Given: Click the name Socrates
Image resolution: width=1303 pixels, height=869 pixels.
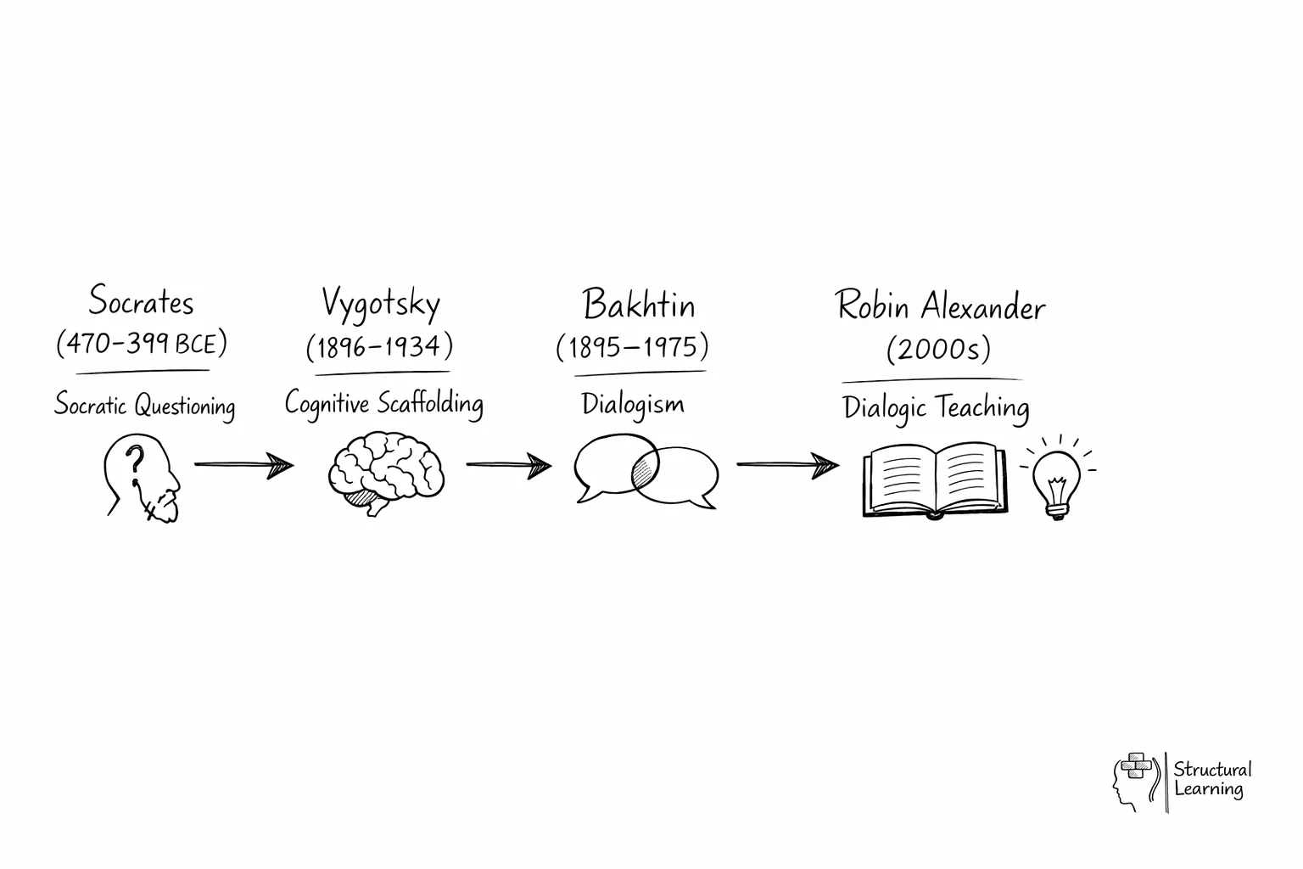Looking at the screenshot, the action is coord(142,301).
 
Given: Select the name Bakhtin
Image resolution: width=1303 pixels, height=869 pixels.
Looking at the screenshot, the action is coord(638,305).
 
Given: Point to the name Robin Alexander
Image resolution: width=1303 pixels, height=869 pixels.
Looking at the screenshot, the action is coord(940,306).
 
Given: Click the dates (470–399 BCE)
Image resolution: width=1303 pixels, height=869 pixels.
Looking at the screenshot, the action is coord(142,344).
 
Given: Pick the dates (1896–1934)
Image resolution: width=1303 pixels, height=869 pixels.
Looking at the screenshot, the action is coord(379,346).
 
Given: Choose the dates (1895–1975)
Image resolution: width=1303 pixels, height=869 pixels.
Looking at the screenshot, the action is coord(632,347).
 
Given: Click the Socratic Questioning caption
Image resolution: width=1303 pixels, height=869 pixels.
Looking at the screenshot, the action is coord(144,405).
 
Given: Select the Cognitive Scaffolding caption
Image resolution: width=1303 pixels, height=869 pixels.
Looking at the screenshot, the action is coord(383,403).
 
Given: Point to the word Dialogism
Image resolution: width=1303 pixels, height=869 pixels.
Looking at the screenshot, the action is coord(633,404).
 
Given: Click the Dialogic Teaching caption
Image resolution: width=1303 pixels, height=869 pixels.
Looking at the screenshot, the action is coord(936,408).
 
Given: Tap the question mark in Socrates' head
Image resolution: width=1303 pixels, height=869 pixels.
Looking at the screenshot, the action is coord(133,463).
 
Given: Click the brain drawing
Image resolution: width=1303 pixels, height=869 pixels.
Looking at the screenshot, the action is coord(386,470).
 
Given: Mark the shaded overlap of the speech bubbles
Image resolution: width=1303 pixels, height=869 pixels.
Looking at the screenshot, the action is coord(646,471).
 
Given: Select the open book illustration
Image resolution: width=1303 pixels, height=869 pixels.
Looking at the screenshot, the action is coord(934,479).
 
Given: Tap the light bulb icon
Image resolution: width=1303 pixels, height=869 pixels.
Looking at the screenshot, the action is coord(1056,480).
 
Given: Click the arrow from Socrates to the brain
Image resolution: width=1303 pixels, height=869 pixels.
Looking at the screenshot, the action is coord(243,465).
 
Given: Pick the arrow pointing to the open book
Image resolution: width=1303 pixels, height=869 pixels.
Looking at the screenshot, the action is coord(787,465).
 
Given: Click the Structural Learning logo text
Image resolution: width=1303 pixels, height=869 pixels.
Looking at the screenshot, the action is coord(1211,779).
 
